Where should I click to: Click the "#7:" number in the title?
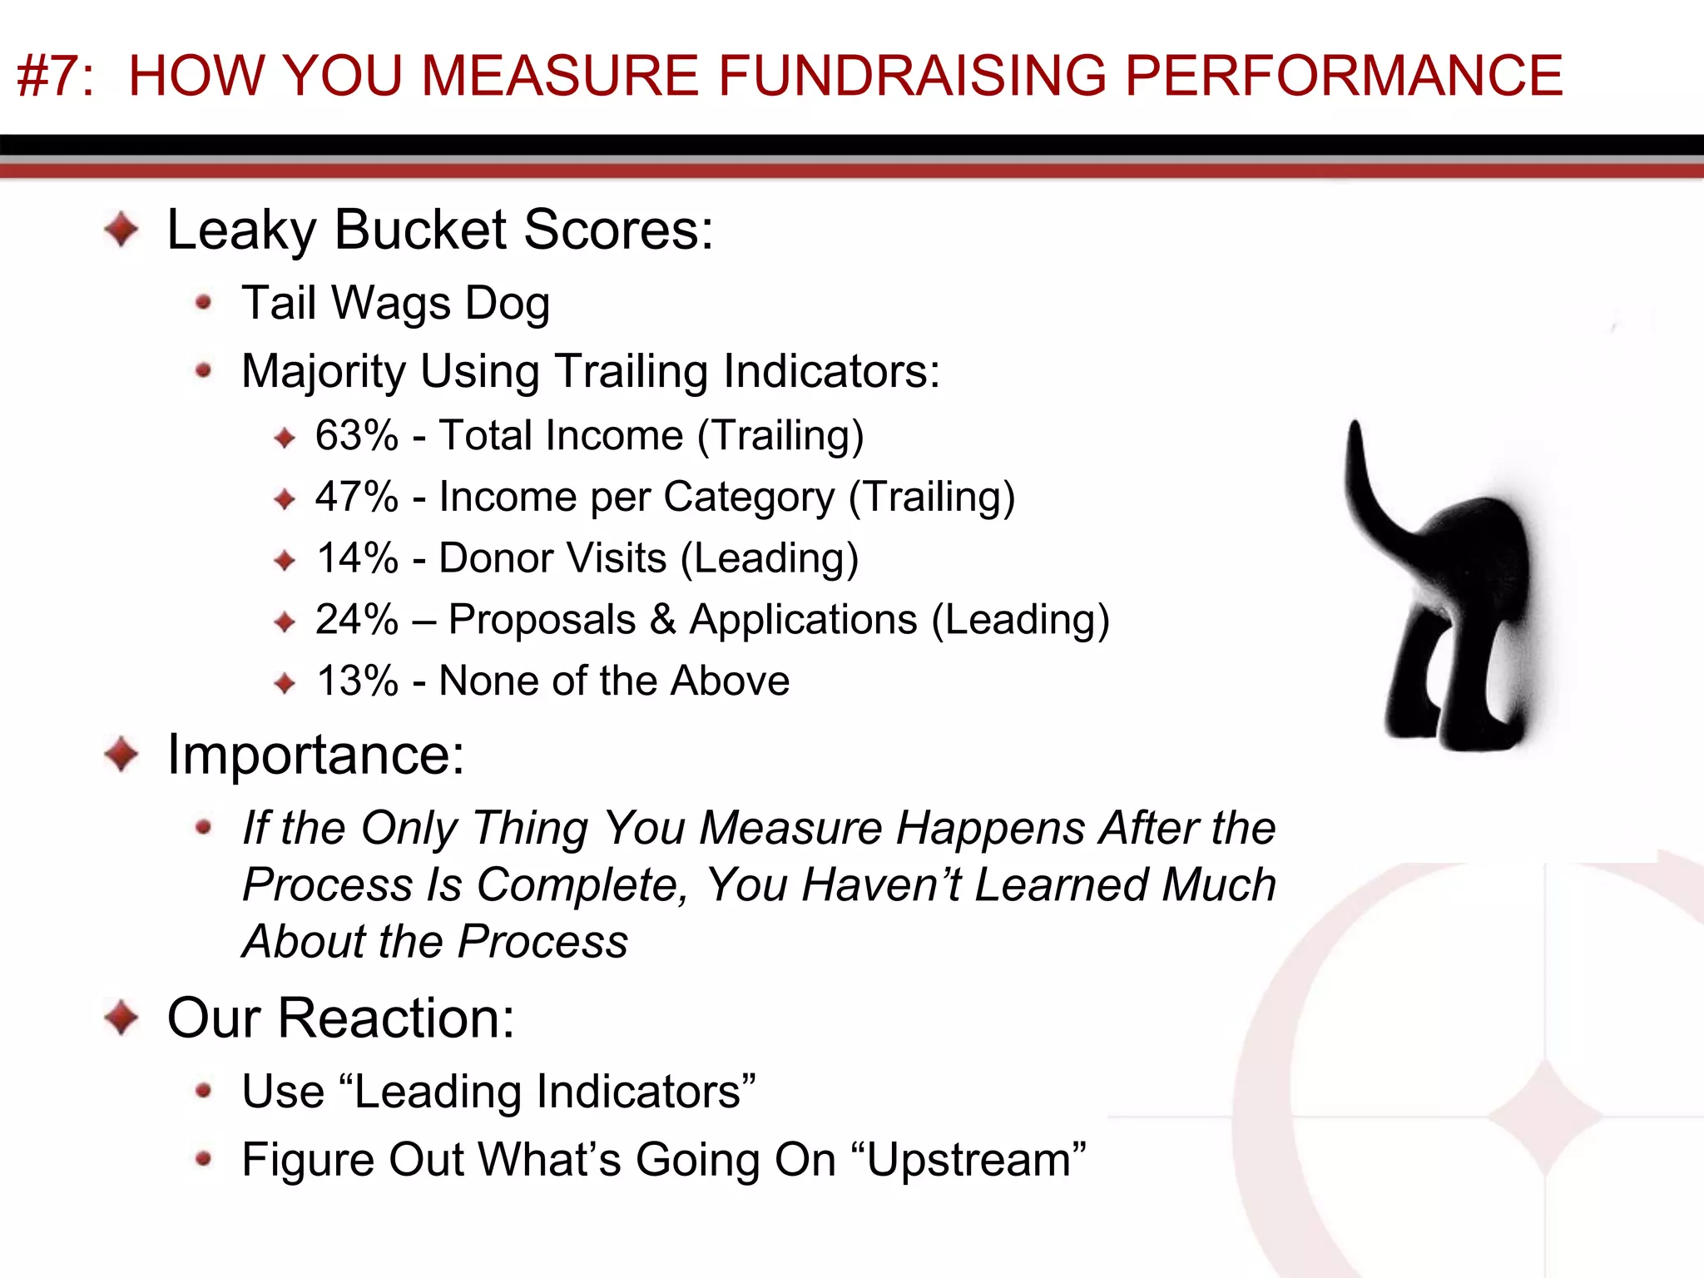(x=55, y=76)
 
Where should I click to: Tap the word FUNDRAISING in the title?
(x=912, y=76)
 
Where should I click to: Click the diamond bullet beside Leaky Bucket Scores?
(x=122, y=230)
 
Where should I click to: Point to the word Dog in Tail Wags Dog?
(x=507, y=304)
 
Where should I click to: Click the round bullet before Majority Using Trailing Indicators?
(x=203, y=370)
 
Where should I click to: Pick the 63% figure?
(x=357, y=436)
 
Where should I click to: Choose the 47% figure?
(x=357, y=498)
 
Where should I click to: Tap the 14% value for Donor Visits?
(x=357, y=558)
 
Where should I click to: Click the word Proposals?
(x=542, y=620)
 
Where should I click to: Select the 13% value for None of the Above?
(x=357, y=681)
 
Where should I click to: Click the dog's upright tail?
(x=1365, y=474)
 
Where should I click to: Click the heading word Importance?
(x=315, y=755)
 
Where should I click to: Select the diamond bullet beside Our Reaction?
(x=122, y=1018)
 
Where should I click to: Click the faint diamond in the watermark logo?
(x=1545, y=1115)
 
